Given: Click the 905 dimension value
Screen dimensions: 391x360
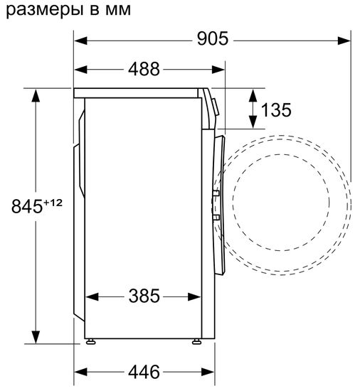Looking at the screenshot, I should [x=212, y=39].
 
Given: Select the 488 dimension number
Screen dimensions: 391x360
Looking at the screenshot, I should [x=145, y=69].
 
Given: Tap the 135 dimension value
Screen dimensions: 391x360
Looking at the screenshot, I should [x=275, y=109].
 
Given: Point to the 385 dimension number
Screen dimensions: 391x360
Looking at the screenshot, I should [x=145, y=295].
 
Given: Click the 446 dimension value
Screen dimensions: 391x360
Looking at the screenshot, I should [x=145, y=371].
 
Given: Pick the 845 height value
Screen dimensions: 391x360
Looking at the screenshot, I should [x=28, y=206].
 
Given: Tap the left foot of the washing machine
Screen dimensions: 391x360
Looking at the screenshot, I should [x=92, y=343].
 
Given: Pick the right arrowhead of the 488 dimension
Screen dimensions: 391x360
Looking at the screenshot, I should [x=220, y=69].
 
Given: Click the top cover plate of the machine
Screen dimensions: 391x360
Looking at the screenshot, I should [x=139, y=92].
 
